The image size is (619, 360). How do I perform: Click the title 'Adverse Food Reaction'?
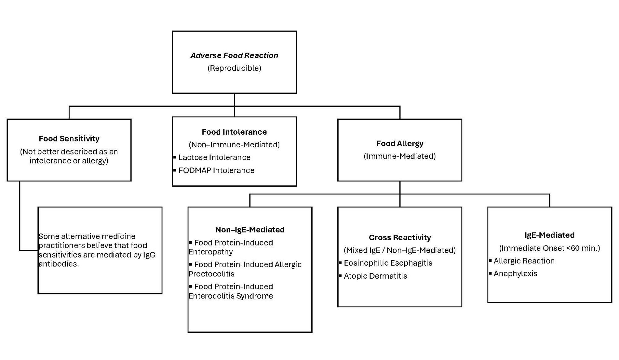(234, 55)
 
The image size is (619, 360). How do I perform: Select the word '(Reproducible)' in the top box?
(234, 68)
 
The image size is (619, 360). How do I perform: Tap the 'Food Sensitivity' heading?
(69, 138)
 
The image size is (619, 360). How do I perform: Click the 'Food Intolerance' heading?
(234, 132)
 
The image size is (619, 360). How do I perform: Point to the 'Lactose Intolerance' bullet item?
(214, 157)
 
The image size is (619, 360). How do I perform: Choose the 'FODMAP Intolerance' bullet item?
(216, 170)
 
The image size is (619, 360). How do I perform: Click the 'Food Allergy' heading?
(400, 143)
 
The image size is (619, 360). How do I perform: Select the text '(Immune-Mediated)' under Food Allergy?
(400, 156)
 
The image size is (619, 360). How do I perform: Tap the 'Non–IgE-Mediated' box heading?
(249, 230)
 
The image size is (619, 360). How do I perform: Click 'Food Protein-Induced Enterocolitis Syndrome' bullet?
(231, 291)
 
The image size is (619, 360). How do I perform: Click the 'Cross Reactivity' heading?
(400, 237)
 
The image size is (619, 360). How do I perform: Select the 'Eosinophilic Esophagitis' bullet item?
(388, 263)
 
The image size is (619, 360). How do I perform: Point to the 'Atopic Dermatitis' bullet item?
(375, 276)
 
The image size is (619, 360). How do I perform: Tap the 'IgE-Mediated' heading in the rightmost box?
(549, 235)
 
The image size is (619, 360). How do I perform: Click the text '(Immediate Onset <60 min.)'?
(549, 248)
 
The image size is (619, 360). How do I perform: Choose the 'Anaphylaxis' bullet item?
(515, 274)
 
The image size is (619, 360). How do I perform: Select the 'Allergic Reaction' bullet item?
(524, 261)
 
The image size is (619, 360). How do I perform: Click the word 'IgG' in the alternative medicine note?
(149, 255)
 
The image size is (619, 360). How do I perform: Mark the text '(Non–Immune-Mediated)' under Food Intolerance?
(234, 145)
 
